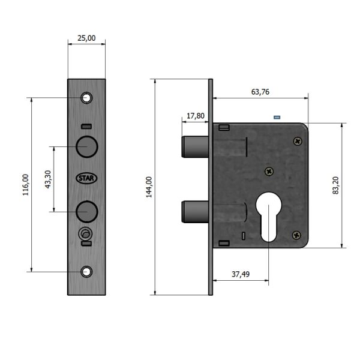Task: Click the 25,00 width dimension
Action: (x=86, y=38)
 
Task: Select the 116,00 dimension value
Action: (x=25, y=185)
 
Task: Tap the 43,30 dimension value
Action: (x=48, y=179)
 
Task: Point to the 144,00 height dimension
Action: (x=149, y=187)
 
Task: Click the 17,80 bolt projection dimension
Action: (x=196, y=116)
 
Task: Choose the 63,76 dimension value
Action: (x=260, y=92)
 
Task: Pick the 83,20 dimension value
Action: (x=335, y=185)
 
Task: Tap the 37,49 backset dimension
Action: (x=241, y=274)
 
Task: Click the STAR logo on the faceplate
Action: (x=86, y=178)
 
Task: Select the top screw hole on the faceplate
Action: (x=86, y=98)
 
